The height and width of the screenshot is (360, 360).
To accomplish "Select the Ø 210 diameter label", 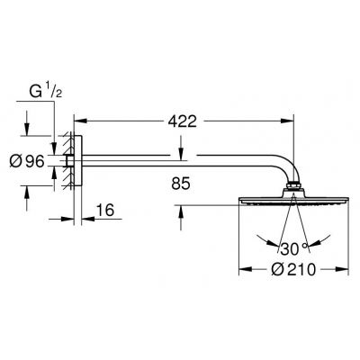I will [x=290, y=269].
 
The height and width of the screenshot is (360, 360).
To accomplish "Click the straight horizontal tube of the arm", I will [x=180, y=162].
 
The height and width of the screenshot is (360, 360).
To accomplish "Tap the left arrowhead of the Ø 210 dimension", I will [x=241, y=269].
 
